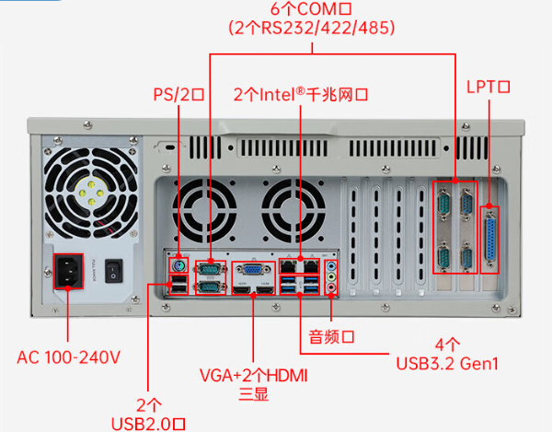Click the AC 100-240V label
point(68,356)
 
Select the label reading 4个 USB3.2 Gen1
point(448,355)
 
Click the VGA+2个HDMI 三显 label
point(253,385)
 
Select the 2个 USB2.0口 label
point(148,414)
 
